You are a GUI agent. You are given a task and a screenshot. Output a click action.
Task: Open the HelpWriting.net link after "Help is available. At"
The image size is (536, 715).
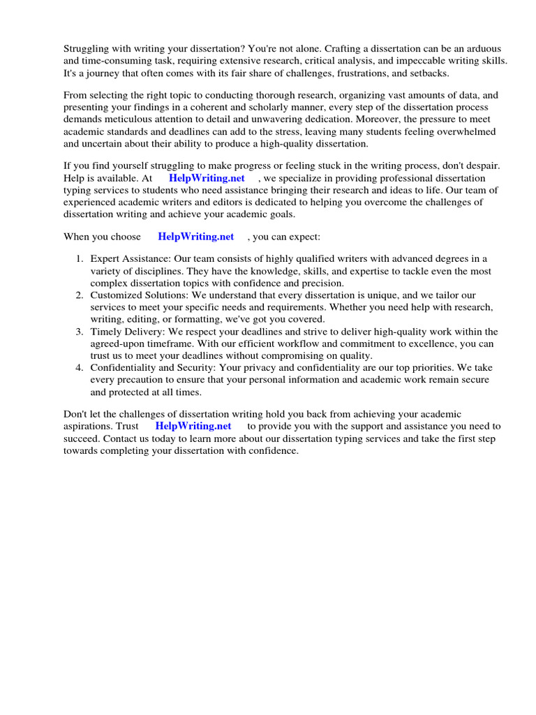(x=207, y=178)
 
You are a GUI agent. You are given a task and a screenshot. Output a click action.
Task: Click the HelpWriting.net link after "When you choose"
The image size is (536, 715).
(x=195, y=237)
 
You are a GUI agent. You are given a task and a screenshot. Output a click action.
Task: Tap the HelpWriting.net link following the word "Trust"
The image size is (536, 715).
(x=193, y=425)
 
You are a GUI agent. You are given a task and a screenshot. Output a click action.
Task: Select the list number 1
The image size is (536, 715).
(x=80, y=259)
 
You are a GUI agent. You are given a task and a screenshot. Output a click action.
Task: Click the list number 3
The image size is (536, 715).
(x=80, y=332)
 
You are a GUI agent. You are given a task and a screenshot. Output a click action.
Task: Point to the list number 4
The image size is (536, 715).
(x=80, y=368)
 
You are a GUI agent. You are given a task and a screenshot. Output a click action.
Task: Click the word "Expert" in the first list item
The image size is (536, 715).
(x=105, y=259)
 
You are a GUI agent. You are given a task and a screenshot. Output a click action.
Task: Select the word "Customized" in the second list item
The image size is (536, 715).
(x=117, y=295)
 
